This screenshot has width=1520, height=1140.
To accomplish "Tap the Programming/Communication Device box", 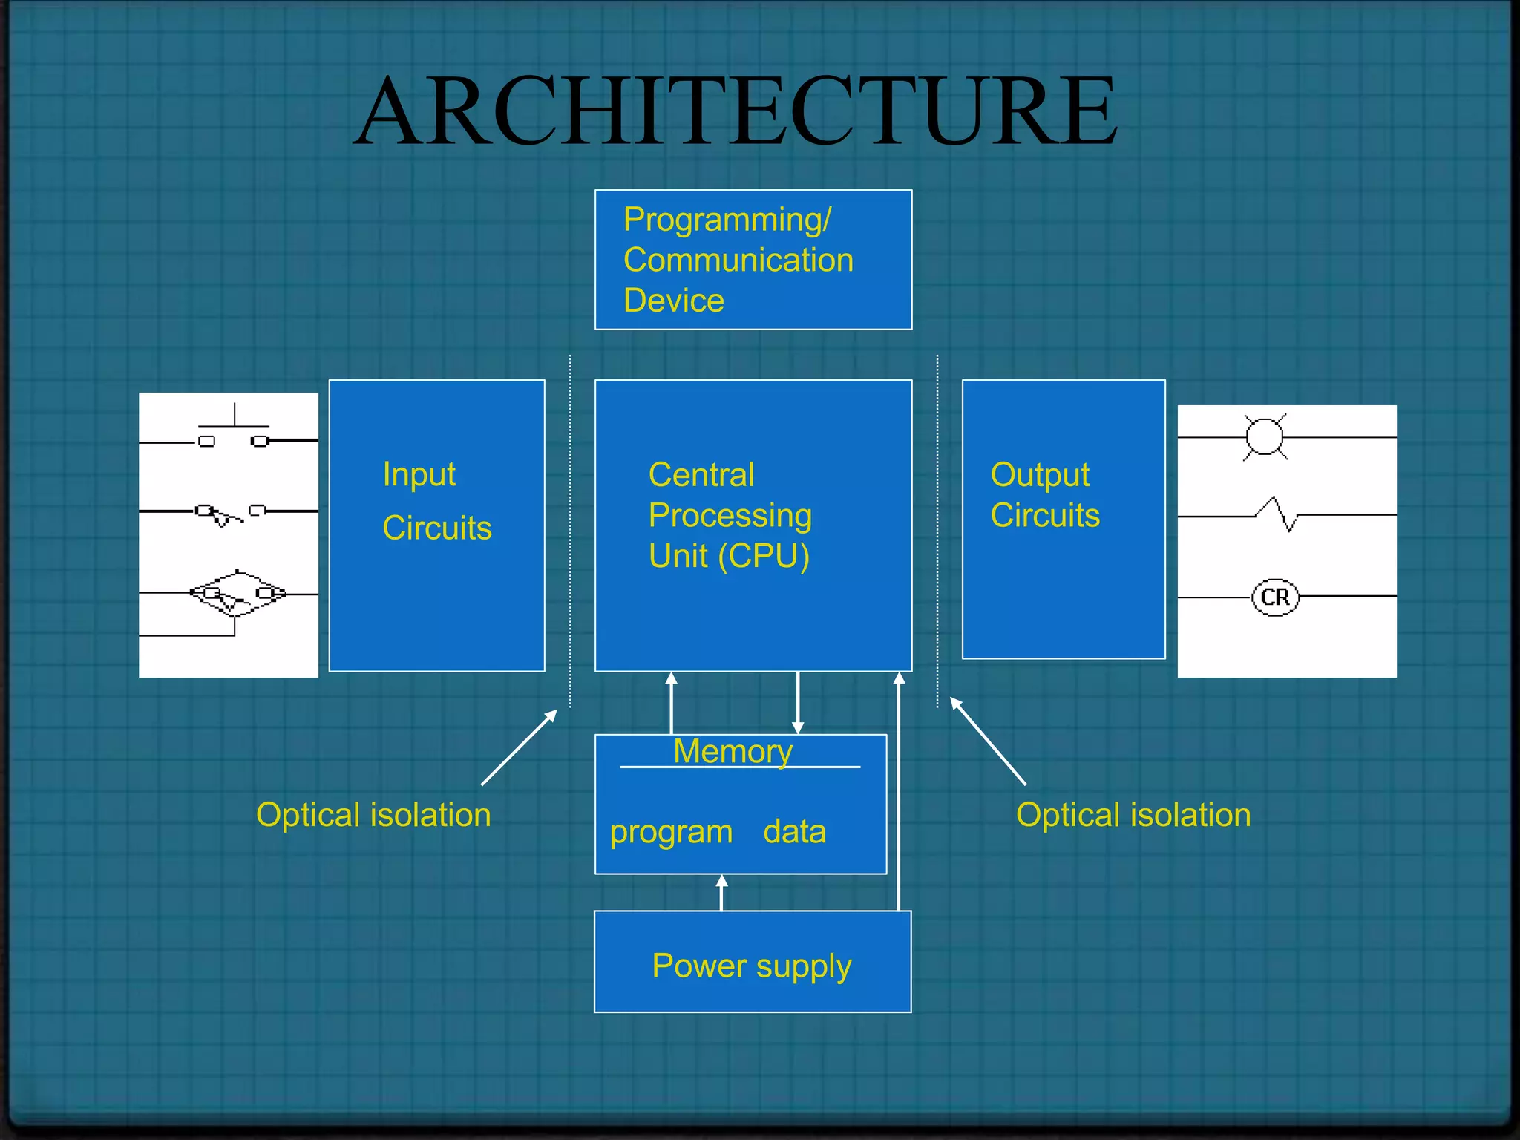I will click(753, 260).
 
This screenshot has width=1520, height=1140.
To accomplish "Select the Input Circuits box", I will click(436, 525).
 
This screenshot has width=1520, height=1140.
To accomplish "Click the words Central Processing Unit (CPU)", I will click(730, 515).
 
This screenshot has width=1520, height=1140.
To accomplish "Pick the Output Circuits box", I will click(1063, 520).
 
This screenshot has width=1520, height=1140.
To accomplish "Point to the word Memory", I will click(733, 751).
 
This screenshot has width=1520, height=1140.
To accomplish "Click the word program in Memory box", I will click(671, 832).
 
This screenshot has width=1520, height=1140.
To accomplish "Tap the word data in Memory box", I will click(794, 832).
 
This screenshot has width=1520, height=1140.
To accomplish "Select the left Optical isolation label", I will click(373, 815).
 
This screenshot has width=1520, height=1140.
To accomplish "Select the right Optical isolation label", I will click(1133, 815).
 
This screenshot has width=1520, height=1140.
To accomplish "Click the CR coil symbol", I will click(1275, 597).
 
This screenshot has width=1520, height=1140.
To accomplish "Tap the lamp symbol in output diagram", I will click(1264, 436).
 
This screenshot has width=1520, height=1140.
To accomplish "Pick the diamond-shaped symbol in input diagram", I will click(237, 594).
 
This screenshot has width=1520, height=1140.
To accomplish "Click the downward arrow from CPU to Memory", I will click(798, 702).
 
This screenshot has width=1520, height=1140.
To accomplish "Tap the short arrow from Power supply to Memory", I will click(721, 892).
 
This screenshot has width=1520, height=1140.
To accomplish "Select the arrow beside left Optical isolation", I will click(519, 747).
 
